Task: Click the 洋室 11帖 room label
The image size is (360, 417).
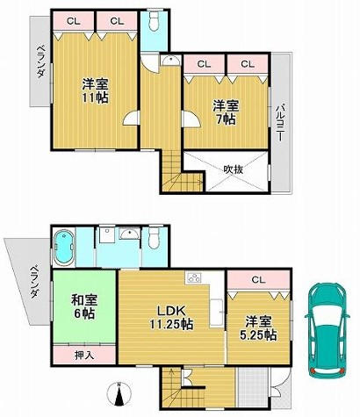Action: pos(95,90)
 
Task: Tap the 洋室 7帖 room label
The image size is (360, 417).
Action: pos(226,112)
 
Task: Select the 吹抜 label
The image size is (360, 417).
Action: pos(234,169)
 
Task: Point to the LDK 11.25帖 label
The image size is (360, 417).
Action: pos(171,317)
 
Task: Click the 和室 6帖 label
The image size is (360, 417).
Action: pos(84,307)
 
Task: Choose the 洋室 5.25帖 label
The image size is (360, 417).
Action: pos(258,328)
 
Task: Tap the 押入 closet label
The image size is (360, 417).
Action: pos(84,356)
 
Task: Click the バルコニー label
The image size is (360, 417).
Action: pos(281,123)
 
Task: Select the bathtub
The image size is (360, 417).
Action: pos(63,248)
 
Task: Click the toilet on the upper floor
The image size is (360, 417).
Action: pos(154,21)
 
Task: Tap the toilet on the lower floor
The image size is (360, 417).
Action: pos(154,238)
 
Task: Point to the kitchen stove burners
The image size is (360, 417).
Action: pos(193,277)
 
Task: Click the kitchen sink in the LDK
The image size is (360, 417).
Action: pos(216,313)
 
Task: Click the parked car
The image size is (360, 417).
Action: pos(328,330)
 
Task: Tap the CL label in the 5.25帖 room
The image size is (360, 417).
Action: pos(258,280)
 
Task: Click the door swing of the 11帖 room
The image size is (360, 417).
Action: pos(130,119)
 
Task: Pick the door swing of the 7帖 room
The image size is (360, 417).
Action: pos(191,119)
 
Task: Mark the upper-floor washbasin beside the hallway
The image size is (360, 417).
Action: pos(170,61)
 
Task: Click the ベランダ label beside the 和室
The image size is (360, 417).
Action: pos(35,281)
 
